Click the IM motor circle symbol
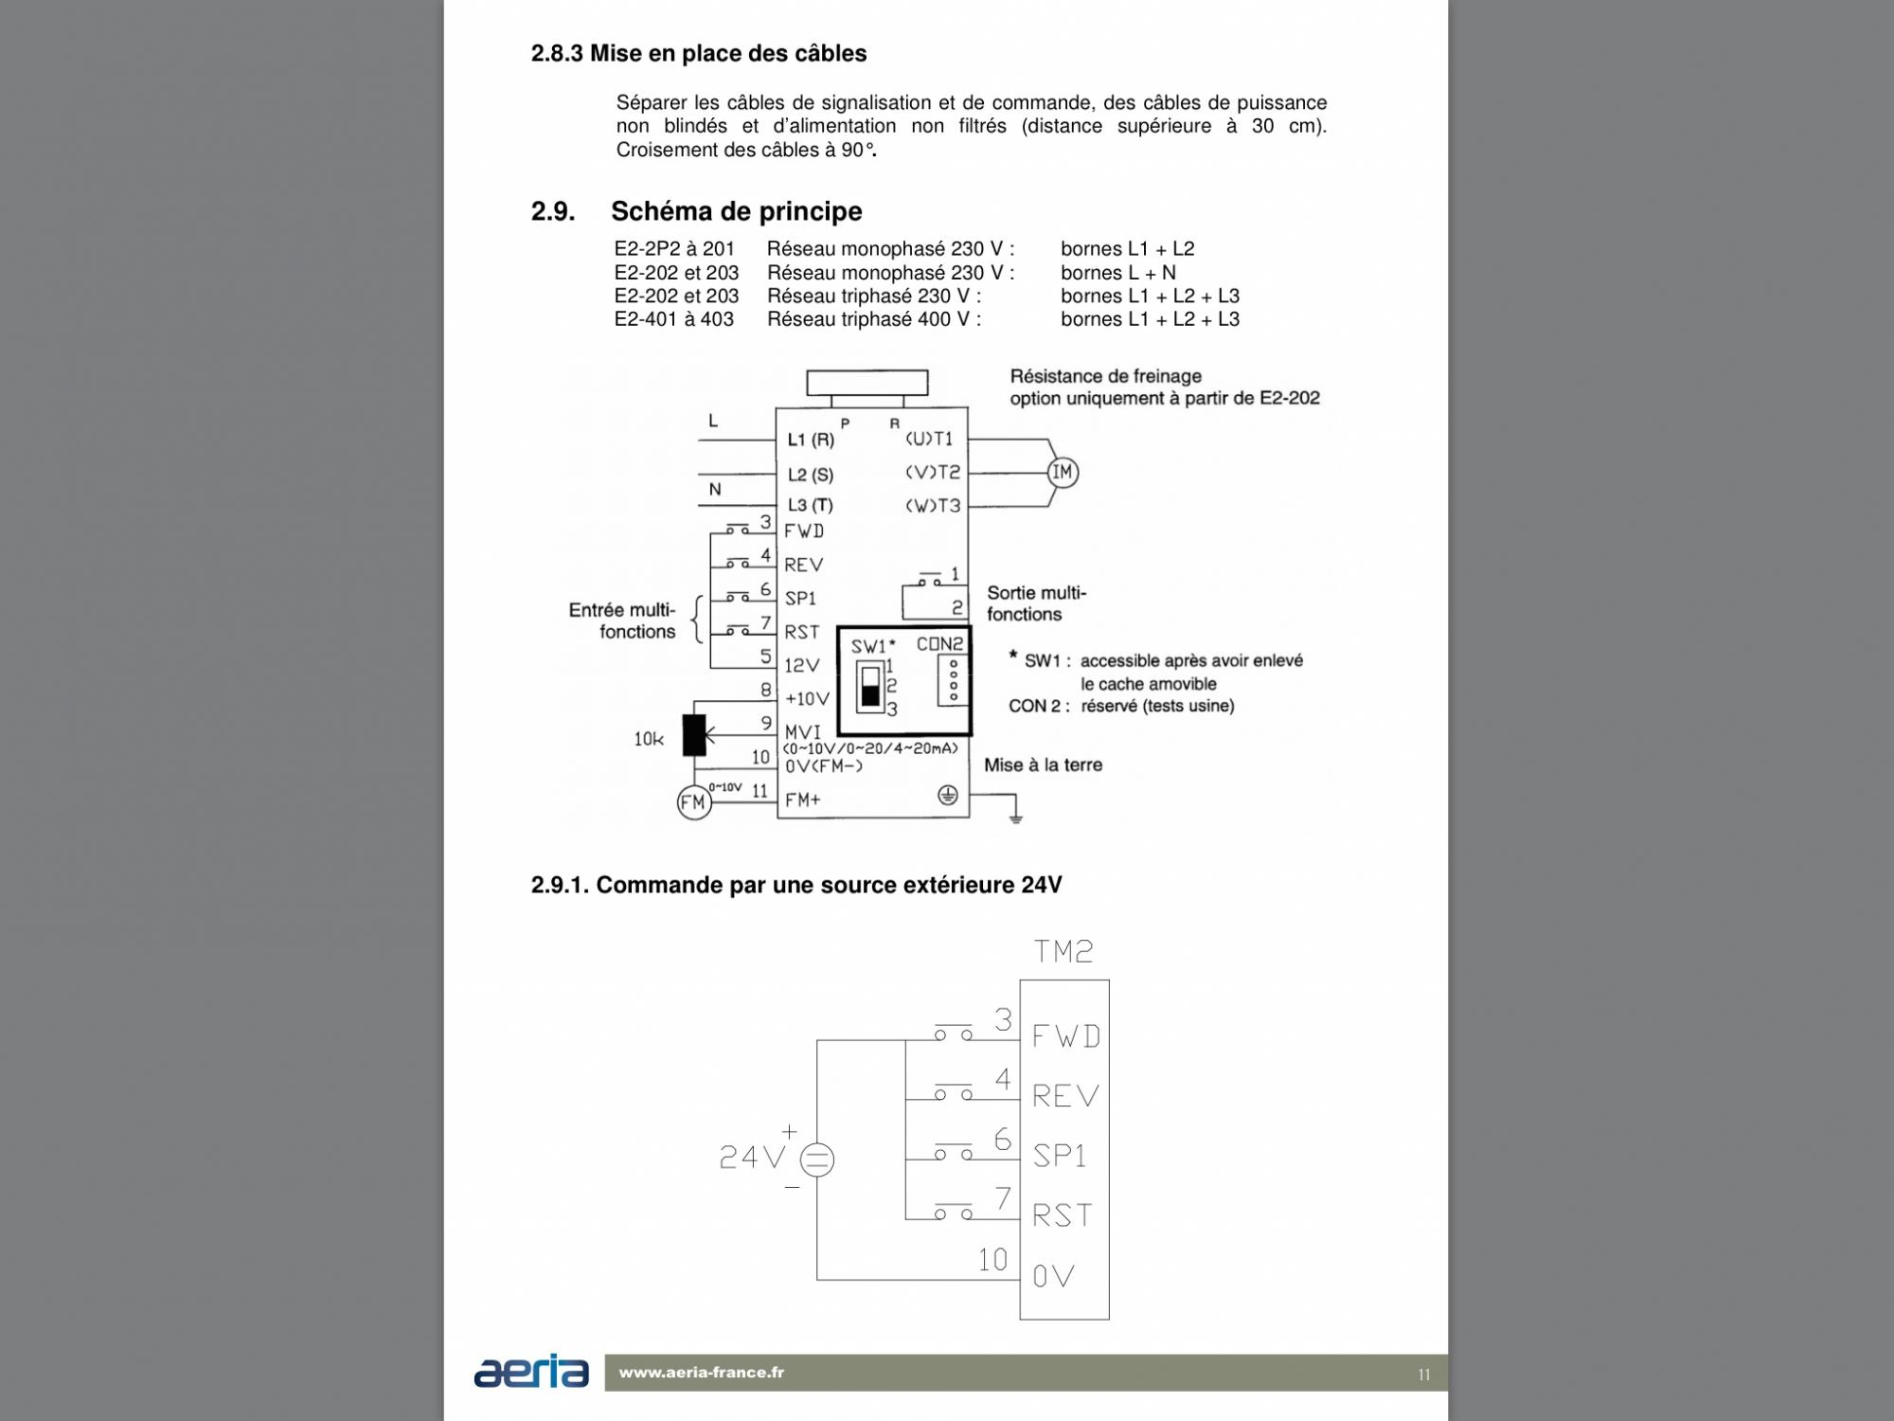click(1063, 472)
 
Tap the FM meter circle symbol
click(694, 803)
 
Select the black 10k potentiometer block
click(694, 734)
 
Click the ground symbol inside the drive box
click(947, 796)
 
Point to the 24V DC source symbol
click(817, 1160)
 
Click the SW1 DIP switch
click(870, 686)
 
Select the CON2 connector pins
click(953, 680)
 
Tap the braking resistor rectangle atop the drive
click(867, 383)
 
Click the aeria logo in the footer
click(531, 1372)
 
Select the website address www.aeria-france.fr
click(702, 1372)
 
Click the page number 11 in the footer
click(1424, 1375)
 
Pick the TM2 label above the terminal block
click(1063, 951)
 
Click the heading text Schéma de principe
click(736, 211)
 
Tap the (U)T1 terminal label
click(929, 439)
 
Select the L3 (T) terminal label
click(810, 505)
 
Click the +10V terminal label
click(807, 699)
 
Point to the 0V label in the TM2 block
click(1053, 1276)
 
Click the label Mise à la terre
click(1043, 764)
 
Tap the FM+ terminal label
click(802, 800)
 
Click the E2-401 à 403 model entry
click(673, 319)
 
